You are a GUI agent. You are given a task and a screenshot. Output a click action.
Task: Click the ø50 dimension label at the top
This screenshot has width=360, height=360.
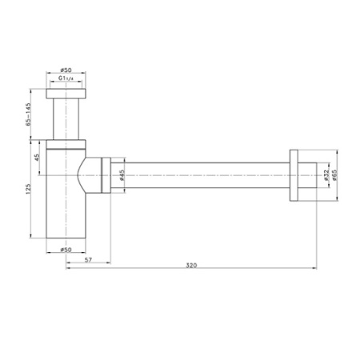pyautogui.click(x=66, y=71)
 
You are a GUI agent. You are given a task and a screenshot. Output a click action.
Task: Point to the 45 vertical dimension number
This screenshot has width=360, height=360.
pyautogui.click(x=36, y=157)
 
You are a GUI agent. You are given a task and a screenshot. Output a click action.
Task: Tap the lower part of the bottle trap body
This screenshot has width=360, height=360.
pyautogui.click(x=65, y=216)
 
